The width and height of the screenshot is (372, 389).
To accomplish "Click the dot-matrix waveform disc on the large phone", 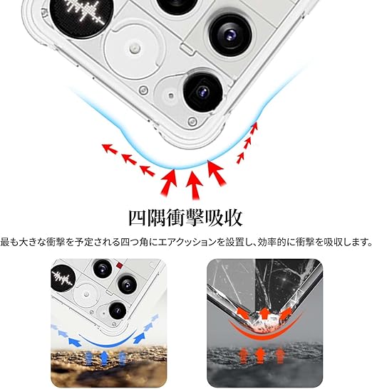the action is [81, 13].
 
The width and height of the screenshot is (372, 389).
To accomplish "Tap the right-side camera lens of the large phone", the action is [230, 35].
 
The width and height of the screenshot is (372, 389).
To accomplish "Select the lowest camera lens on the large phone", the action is [203, 92].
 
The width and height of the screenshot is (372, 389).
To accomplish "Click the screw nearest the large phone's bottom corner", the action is [192, 122].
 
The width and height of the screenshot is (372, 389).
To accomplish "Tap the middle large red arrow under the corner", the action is [195, 185].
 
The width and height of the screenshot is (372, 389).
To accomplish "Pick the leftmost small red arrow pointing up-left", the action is [110, 149].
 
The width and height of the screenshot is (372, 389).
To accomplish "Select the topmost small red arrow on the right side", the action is [254, 127].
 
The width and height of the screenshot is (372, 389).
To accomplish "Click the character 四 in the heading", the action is [137, 218].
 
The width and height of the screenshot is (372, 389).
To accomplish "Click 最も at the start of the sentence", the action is [10, 242].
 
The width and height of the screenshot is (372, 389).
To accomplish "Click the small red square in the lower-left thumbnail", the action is [120, 266].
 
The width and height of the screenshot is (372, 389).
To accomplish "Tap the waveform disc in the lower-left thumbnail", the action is [63, 277].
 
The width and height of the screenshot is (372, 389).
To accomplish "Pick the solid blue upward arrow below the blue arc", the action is [104, 358].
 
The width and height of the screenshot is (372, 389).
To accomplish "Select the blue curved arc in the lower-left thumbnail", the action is [108, 341].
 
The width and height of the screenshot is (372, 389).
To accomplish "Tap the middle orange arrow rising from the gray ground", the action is [260, 356].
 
